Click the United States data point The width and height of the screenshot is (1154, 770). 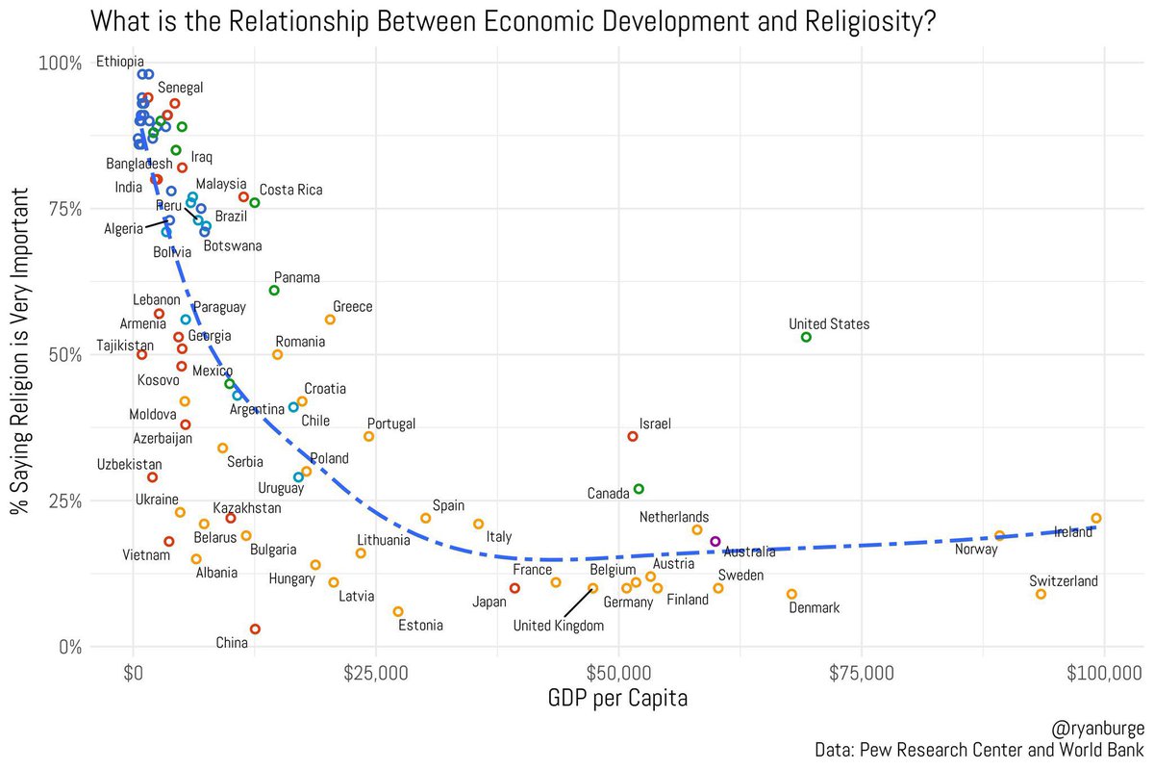[x=806, y=337]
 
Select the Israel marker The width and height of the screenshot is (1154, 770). [x=633, y=436]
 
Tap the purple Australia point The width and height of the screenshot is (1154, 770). [x=715, y=542]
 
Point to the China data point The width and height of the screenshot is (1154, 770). [x=255, y=629]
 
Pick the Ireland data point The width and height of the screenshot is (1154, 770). [x=1095, y=518]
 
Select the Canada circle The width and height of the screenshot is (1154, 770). [x=639, y=489]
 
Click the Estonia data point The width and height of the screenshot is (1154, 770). [x=398, y=611]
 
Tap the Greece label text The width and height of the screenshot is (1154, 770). [x=352, y=307]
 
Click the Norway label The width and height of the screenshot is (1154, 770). [x=976, y=550]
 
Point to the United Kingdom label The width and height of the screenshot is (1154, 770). [x=559, y=626]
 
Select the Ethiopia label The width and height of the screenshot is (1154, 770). [x=120, y=63]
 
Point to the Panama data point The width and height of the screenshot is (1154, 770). [x=274, y=290]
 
